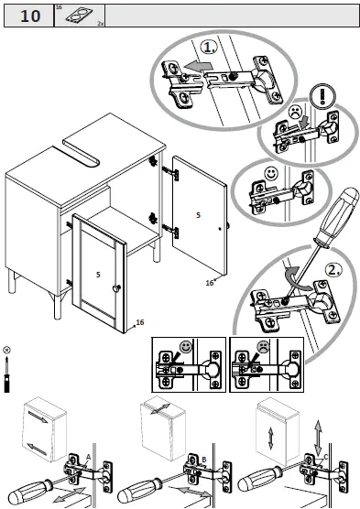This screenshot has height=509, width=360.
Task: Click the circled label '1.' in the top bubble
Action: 210,48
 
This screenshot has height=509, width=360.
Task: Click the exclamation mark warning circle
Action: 320,95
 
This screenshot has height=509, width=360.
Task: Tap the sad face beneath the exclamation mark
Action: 296,114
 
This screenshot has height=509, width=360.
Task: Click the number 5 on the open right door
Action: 197,215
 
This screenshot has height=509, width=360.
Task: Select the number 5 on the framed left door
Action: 97,274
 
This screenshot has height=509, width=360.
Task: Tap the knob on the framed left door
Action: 116,288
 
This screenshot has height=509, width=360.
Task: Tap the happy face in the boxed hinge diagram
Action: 188,348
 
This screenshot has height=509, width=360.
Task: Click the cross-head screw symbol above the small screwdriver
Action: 7,350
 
